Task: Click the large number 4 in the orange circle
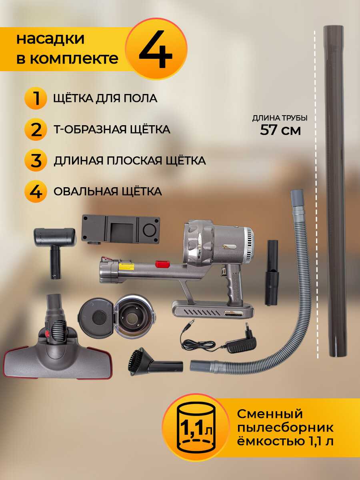(x=156, y=49)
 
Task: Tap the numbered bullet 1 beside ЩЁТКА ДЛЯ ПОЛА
(x=36, y=98)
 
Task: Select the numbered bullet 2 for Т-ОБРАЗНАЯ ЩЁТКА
(x=36, y=129)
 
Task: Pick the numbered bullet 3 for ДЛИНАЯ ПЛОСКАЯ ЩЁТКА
(x=36, y=160)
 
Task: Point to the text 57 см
(x=280, y=130)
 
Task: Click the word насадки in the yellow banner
(x=50, y=39)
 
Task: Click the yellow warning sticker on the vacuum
(x=126, y=266)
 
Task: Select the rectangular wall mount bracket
(x=120, y=230)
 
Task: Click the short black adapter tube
(x=272, y=272)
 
